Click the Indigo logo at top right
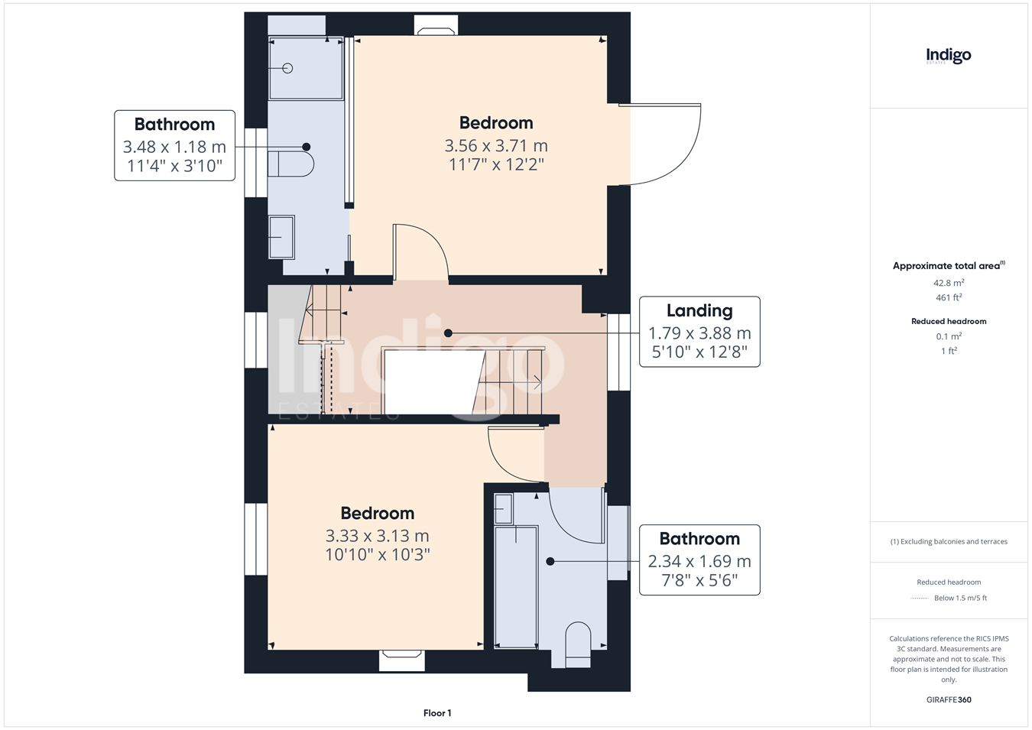tap(949, 57)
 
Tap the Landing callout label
tap(699, 310)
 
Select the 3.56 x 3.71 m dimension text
tap(496, 145)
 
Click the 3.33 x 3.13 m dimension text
tap(378, 536)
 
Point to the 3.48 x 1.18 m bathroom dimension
tap(174, 147)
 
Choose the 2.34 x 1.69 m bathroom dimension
tap(699, 561)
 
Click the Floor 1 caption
tap(437, 713)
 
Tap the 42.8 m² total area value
tap(949, 283)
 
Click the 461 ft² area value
tap(949, 297)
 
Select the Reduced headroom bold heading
tap(949, 322)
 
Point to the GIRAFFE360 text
tap(949, 699)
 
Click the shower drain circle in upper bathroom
tap(287, 69)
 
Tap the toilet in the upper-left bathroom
tap(290, 164)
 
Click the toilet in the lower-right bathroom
tap(578, 644)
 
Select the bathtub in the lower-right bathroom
tap(515, 587)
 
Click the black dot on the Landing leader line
tap(448, 333)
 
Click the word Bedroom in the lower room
tap(378, 513)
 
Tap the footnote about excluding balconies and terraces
tap(949, 542)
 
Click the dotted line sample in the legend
tap(920, 599)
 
